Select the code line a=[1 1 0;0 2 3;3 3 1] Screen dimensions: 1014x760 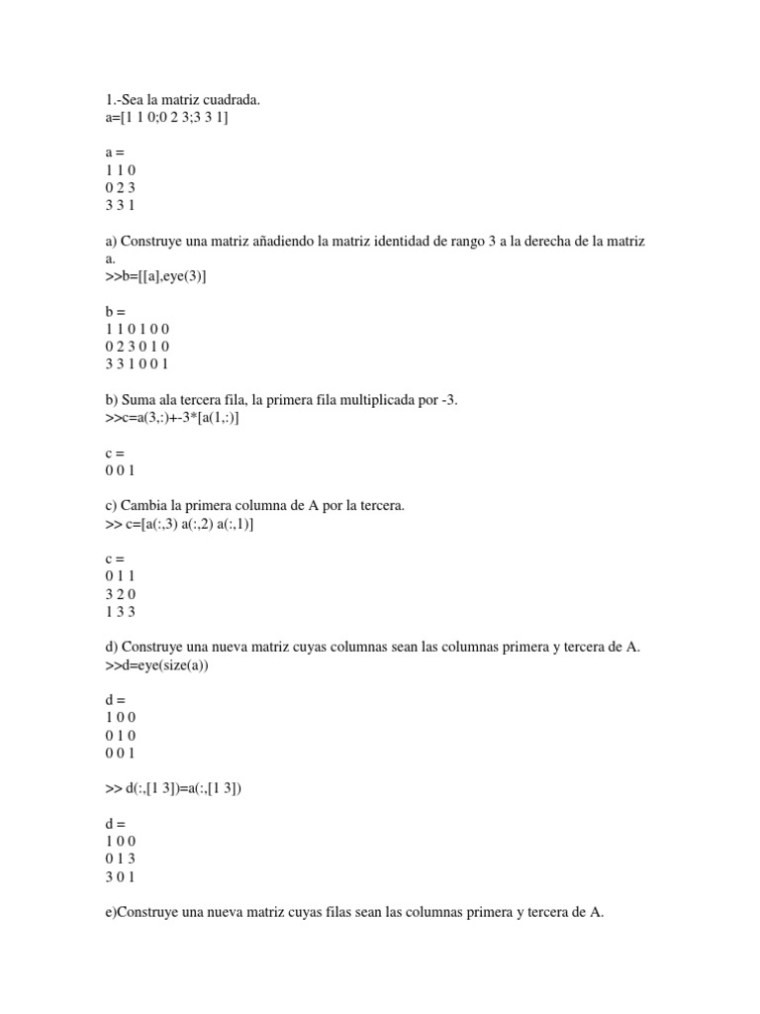coord(166,117)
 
